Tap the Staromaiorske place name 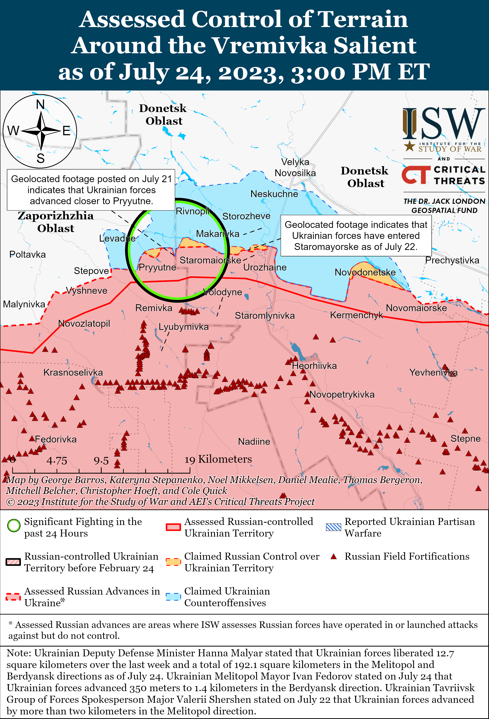coord(210,260)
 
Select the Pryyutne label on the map coord(157,267)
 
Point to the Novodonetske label coord(365,272)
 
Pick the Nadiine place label coord(254,442)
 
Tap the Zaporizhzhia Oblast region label coord(56,222)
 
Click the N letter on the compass coord(40,104)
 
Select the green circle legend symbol coord(14,525)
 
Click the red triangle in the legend coord(333,557)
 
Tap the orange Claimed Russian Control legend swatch coord(173,562)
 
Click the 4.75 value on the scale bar coord(57,461)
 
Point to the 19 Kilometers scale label coord(218,459)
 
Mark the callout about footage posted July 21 coord(91,190)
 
